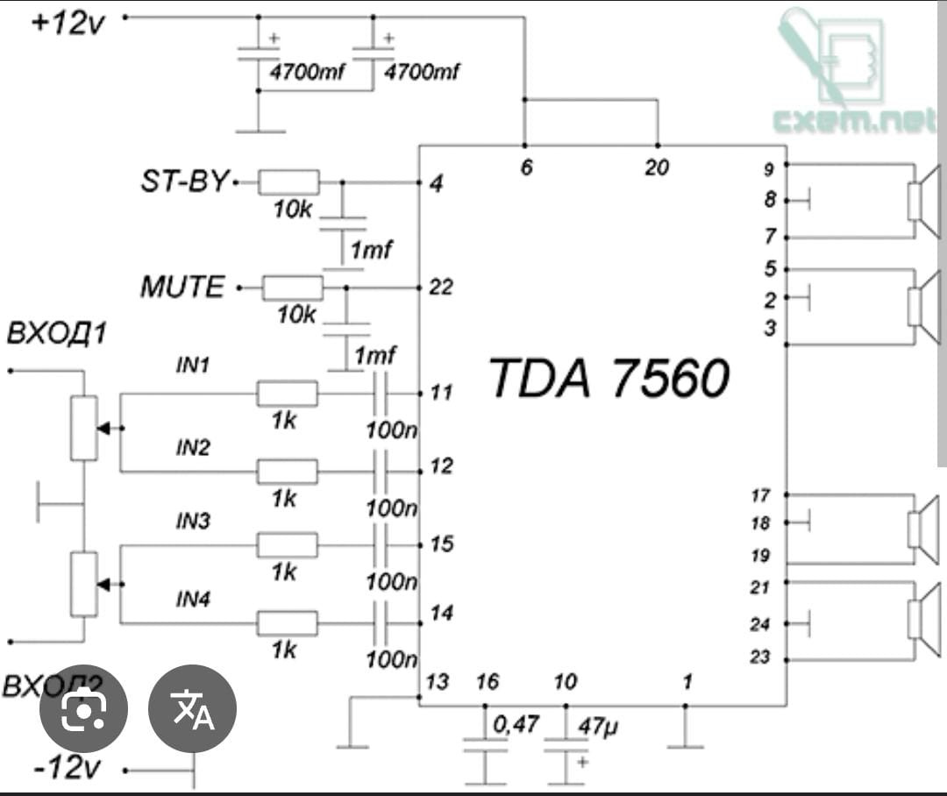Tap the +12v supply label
[68, 22]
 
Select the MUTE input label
[182, 287]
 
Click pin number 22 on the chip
[441, 287]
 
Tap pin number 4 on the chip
[436, 184]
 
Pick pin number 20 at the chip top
[657, 167]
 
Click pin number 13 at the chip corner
[437, 682]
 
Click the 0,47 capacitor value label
[516, 726]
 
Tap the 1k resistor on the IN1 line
[287, 394]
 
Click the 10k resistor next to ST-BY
[290, 182]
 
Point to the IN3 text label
[193, 522]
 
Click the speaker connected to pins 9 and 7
[922, 201]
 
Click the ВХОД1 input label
[56, 334]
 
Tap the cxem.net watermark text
[855, 120]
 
